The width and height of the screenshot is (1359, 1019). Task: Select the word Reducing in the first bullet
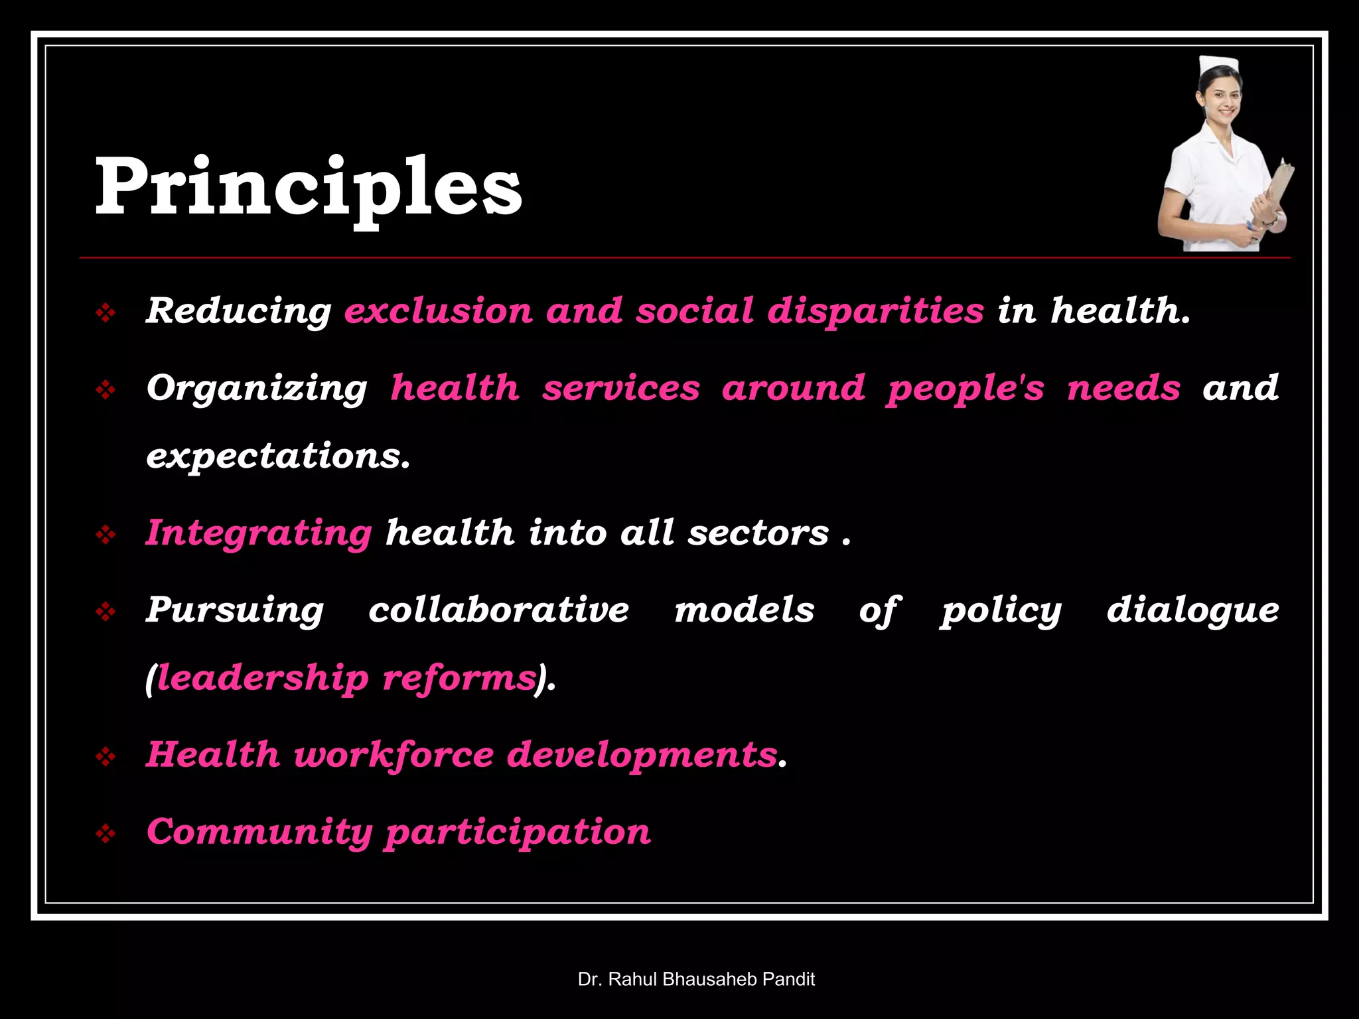[238, 310]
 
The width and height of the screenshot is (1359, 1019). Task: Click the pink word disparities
[875, 310]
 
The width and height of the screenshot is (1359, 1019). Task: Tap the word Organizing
[257, 388]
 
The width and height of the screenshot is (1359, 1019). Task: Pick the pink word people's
[966, 388]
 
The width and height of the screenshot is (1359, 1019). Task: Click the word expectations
[278, 456]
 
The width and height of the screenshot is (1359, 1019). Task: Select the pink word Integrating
[259, 533]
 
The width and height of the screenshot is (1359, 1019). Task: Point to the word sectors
[758, 533]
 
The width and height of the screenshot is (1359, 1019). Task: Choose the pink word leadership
[263, 678]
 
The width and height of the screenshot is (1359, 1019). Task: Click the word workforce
[393, 755]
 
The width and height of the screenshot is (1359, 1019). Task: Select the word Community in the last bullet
[259, 832]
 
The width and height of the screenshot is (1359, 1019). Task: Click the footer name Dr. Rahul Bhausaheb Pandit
[696, 979]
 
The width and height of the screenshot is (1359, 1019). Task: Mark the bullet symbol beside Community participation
[106, 833]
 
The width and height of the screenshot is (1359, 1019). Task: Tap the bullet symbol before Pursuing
[106, 611]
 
